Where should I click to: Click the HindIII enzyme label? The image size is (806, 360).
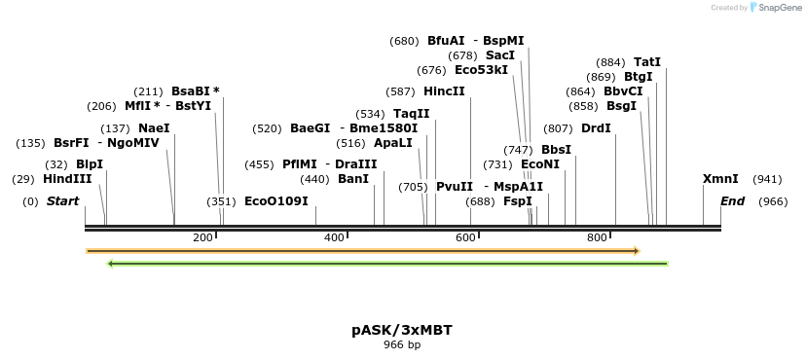67,179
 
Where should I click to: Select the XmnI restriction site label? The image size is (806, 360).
720,179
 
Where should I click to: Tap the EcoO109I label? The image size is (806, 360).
275,201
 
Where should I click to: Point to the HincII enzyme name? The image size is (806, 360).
444,91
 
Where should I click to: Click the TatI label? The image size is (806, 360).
647,62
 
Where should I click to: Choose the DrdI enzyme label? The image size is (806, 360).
596,128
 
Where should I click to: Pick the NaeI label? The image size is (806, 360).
154,127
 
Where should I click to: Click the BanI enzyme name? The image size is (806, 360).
353,179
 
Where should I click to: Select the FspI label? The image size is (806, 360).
517,201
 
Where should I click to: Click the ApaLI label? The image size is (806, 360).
393,142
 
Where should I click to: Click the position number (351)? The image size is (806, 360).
221,201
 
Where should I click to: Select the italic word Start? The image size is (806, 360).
62,201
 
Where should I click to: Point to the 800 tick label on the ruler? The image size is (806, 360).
597,238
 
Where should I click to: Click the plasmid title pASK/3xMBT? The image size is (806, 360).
402,330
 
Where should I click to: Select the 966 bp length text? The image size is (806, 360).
402,344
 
